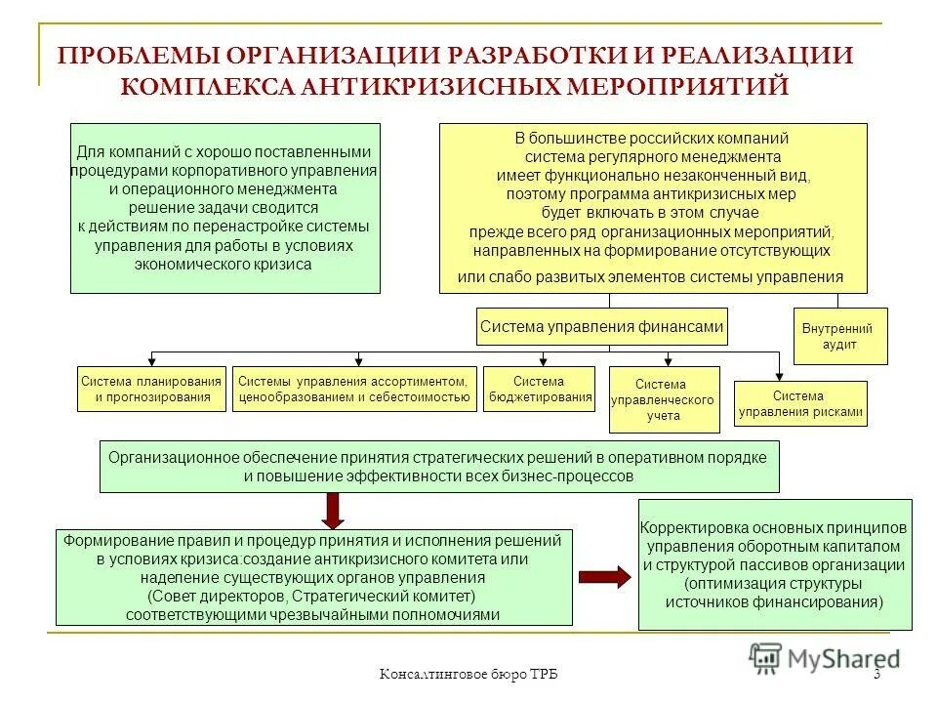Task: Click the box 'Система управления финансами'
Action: tap(602, 327)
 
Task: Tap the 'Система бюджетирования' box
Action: tap(539, 389)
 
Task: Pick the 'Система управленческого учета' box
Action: tap(664, 399)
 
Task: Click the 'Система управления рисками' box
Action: tap(800, 404)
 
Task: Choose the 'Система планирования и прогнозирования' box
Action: tap(151, 389)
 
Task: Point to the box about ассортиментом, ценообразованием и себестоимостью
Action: tap(354, 389)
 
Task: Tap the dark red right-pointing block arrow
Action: tap(605, 576)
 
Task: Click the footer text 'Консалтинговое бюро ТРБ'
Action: tap(468, 676)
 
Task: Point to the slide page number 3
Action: tap(876, 676)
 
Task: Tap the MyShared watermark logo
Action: tap(825, 658)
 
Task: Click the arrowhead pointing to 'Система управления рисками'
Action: tap(779, 374)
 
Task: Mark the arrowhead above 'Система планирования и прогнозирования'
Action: tap(150, 360)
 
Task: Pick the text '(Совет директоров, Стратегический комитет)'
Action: tap(312, 596)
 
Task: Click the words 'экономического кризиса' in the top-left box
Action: tap(224, 264)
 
